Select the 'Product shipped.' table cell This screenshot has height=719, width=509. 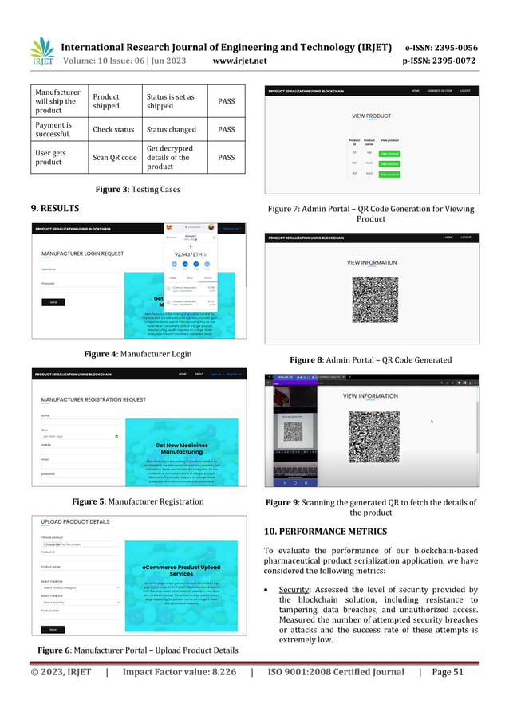114,100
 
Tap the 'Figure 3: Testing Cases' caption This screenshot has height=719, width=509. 135,189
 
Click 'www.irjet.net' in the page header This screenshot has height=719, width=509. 240,60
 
